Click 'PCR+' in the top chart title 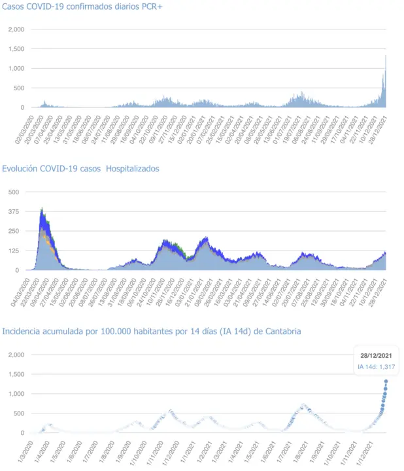pos(152,7)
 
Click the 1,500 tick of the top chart pos(16,49)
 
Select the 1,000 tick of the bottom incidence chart pos(16,394)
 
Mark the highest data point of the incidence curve pos(386,381)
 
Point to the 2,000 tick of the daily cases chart pos(16,29)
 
